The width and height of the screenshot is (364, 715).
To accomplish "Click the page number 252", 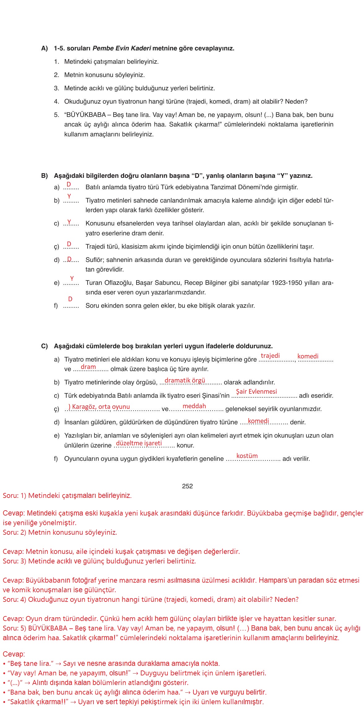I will [187, 486].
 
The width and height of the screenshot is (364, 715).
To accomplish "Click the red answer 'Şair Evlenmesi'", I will [256, 392].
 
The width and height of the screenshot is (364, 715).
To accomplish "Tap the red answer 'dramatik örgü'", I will [185, 380].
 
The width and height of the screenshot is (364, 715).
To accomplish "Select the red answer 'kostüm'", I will [247, 456].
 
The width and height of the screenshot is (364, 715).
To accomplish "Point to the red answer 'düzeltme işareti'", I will [139, 443].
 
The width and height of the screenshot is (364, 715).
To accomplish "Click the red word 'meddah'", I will [194, 406].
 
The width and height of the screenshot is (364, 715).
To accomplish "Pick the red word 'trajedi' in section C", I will [270, 356].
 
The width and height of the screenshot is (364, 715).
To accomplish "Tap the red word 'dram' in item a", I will [88, 367].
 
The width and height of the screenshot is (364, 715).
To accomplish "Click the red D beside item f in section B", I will [70, 299].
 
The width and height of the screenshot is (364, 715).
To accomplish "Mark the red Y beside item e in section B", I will [72, 279].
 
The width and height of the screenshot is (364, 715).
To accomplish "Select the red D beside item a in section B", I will [69, 184].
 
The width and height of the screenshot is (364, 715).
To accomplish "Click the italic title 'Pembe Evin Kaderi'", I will [122, 48].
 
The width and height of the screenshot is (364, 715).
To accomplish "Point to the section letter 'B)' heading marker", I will [45, 176].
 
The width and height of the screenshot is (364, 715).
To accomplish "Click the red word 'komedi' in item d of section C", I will [258, 421].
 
